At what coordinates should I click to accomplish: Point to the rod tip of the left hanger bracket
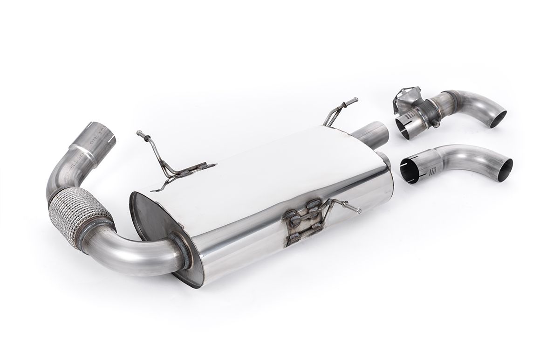point(139,134)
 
